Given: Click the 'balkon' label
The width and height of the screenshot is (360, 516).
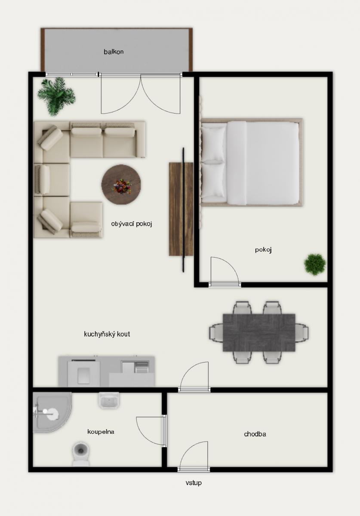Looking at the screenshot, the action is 114,52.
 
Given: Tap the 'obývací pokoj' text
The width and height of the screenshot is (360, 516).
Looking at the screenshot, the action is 131,224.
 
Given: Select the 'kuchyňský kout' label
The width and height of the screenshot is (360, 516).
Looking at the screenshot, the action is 107,334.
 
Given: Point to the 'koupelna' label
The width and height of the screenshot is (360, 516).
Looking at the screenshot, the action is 101,431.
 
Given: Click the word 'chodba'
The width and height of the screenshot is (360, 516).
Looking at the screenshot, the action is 255,434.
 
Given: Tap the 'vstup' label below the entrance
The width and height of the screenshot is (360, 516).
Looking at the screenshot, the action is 194,482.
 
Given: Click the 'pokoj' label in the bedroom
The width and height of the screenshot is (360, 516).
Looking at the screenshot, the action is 263,250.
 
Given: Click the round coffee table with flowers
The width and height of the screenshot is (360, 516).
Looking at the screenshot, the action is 121,184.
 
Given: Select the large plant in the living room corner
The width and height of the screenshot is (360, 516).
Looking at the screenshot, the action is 56,96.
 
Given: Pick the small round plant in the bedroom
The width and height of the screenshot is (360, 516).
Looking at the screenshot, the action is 315,264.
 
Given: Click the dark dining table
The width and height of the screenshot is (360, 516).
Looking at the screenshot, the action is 259,332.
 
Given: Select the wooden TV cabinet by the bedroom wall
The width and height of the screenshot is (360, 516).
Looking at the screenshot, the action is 181,209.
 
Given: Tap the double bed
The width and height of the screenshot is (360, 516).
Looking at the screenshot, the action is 252,163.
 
